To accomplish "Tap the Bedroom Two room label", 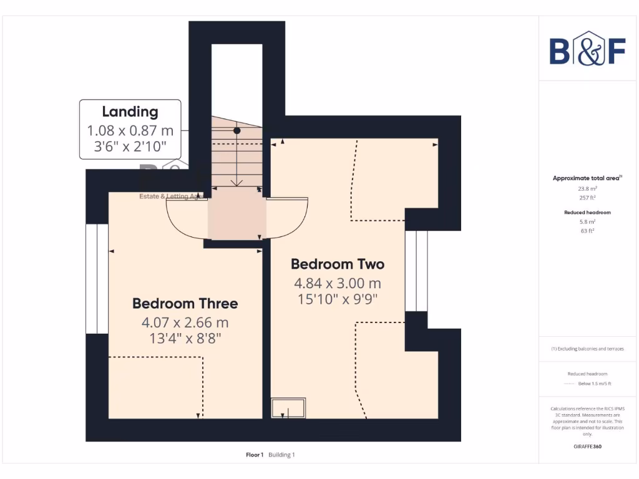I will pyautogui.click(x=338, y=264).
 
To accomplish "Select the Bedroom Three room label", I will pyautogui.click(x=185, y=304).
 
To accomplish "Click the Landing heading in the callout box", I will pyautogui.click(x=130, y=112).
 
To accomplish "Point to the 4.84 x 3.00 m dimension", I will pyautogui.click(x=338, y=284).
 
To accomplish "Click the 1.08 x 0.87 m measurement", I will pyautogui.click(x=130, y=132).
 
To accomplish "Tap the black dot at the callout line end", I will pyautogui.click(x=237, y=131).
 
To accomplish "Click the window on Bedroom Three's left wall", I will pyautogui.click(x=97, y=279).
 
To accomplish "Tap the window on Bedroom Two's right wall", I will pyautogui.click(x=416, y=271).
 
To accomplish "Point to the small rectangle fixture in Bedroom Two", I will pyautogui.click(x=288, y=407).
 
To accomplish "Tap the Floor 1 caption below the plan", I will pyautogui.click(x=254, y=455).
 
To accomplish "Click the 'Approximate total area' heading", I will pyautogui.click(x=587, y=178).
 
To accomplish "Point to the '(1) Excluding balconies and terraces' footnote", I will pyautogui.click(x=587, y=349).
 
